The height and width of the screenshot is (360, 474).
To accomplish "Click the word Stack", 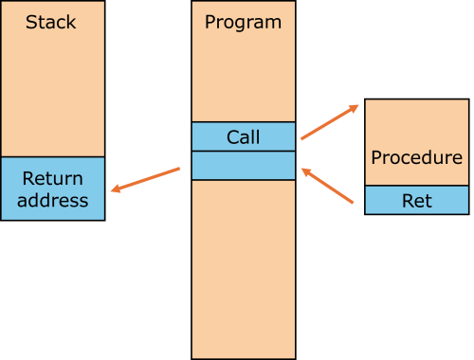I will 51,21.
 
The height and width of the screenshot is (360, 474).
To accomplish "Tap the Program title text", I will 243,21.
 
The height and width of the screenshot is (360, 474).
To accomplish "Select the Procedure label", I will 416,157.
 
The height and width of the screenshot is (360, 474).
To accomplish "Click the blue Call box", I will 243,137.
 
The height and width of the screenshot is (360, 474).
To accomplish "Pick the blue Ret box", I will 416,200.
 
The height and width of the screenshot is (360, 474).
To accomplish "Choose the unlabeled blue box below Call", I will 243,166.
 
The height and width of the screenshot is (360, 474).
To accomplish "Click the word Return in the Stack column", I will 52,179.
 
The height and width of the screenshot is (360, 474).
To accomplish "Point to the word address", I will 52,200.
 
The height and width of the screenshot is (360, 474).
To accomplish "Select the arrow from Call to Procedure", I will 329,122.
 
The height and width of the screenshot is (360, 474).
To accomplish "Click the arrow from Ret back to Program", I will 328,186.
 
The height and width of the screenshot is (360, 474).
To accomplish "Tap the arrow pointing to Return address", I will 145,180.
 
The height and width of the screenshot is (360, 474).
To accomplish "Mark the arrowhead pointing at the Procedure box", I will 355,107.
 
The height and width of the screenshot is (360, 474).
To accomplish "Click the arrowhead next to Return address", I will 116,189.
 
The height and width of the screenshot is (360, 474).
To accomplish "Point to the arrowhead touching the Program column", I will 305,171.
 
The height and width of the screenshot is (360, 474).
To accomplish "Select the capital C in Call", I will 231,137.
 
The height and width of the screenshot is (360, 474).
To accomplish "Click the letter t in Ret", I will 428,200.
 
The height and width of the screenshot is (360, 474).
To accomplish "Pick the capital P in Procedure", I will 375,157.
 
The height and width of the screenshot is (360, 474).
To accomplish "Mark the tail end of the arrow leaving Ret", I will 354,201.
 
